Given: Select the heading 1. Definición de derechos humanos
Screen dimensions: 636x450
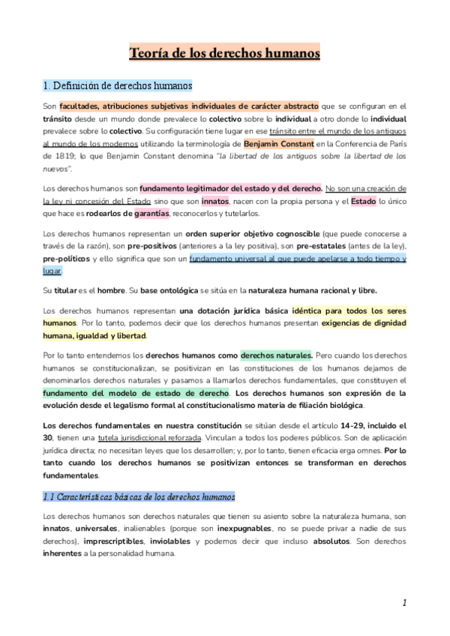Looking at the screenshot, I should pyautogui.click(x=117, y=85).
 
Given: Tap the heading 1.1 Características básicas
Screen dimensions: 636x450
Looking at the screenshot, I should pyautogui.click(x=139, y=496).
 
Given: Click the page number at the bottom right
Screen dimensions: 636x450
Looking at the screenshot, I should pyautogui.click(x=403, y=602).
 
